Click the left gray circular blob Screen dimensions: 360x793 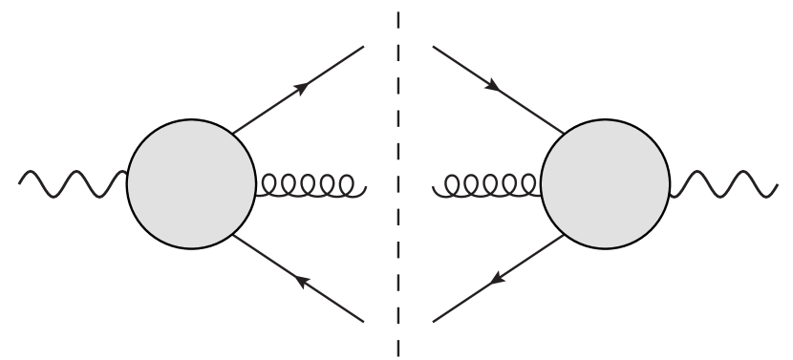(x=191, y=183)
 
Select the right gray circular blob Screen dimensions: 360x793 (x=605, y=183)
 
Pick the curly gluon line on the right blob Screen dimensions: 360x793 (x=487, y=184)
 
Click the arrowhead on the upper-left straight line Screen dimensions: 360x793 (x=302, y=87)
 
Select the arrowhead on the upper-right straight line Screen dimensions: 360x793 (x=493, y=86)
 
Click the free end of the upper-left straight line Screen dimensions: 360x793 (x=364, y=47)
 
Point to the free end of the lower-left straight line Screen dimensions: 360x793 (x=364, y=321)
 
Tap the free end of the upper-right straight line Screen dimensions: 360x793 (x=433, y=47)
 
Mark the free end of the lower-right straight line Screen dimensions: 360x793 (x=433, y=321)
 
